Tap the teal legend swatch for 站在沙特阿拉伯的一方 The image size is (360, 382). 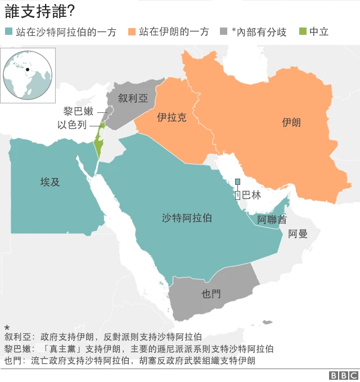8,32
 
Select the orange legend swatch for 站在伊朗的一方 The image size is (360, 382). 132,32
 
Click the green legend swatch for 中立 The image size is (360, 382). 303,32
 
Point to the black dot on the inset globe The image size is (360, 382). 26,70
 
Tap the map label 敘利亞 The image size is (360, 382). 133,98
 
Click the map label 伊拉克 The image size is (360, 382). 172,118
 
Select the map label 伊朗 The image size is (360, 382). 291,122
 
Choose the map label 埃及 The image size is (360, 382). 49,182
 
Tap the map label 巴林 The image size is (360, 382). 251,195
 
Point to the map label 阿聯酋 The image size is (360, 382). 271,219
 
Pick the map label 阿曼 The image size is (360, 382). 298,233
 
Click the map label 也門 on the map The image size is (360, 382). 211,293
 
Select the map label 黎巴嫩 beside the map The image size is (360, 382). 78,111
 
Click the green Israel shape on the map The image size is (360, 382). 99,145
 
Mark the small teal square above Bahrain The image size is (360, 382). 237,181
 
